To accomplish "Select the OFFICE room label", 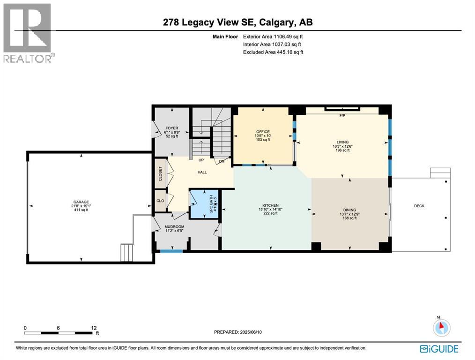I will pyautogui.click(x=263, y=132).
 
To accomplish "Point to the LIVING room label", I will pyautogui.click(x=343, y=142).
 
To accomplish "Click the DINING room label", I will pyautogui.click(x=349, y=210).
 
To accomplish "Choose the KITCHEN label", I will pyautogui.click(x=270, y=205).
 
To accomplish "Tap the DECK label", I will pyautogui.click(x=419, y=206).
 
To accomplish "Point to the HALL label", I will pyautogui.click(x=202, y=172).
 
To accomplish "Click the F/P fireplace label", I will pyautogui.click(x=342, y=116).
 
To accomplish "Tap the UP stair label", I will pyautogui.click(x=200, y=160).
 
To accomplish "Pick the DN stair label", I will pyautogui.click(x=222, y=161).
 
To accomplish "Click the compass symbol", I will pyautogui.click(x=441, y=327).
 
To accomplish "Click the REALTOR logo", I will pyautogui.click(x=28, y=33).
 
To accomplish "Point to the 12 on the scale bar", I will pyautogui.click(x=94, y=328).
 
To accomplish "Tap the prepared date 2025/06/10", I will pyautogui.click(x=256, y=332).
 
